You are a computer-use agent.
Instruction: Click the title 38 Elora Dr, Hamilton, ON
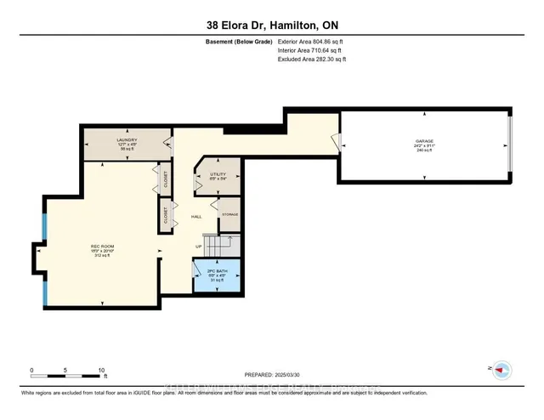271,25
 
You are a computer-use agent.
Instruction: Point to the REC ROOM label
102,247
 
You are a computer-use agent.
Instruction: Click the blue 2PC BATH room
216,276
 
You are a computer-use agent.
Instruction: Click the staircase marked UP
218,246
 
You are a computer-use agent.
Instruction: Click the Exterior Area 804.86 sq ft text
312,42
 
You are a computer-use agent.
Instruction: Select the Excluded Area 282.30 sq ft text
312,60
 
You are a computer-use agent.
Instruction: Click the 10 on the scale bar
101,371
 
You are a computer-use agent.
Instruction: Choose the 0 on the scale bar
31,371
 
